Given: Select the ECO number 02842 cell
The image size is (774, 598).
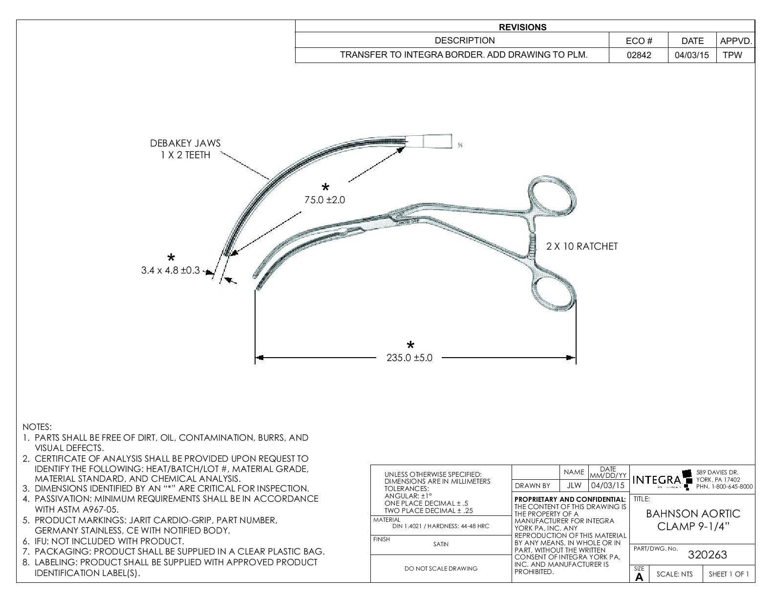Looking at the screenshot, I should (639, 55).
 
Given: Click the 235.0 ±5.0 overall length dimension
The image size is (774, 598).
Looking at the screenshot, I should (409, 358).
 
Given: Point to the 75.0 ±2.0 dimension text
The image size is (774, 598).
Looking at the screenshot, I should (324, 200).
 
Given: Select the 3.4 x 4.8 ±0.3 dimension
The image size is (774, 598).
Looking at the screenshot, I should (171, 270).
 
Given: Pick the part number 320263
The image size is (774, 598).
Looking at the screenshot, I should (707, 555).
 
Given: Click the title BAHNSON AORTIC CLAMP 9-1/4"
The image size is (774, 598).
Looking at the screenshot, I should (693, 520).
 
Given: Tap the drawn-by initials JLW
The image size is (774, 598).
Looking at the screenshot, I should (574, 486).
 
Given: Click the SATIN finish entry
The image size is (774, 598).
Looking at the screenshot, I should (440, 544).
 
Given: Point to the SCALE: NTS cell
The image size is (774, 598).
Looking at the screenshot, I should (674, 574).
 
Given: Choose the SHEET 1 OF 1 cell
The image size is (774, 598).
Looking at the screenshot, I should (728, 574).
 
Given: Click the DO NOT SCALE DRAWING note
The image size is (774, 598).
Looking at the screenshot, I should (440, 568).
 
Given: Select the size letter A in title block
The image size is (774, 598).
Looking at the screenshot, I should (639, 577).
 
